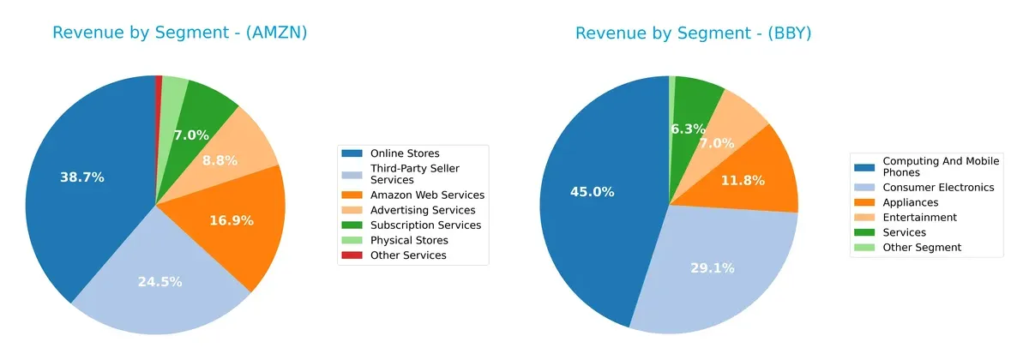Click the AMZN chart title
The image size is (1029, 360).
[179, 33]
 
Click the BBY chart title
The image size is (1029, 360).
[693, 33]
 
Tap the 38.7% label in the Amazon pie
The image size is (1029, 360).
[82, 177]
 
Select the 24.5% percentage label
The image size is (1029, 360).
[159, 281]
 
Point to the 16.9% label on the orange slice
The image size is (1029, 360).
[232, 220]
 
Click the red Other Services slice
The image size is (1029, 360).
[159, 81]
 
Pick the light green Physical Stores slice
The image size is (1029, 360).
[174, 87]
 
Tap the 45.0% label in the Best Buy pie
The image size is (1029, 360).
[592, 192]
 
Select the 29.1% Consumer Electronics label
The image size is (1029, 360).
[713, 268]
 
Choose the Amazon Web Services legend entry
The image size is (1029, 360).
[427, 195]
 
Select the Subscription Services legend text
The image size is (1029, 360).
[425, 225]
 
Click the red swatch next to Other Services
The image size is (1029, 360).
[352, 255]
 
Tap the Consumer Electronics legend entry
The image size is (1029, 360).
[938, 187]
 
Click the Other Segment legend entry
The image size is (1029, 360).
[922, 247]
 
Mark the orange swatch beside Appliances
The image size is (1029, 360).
[867, 202]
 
